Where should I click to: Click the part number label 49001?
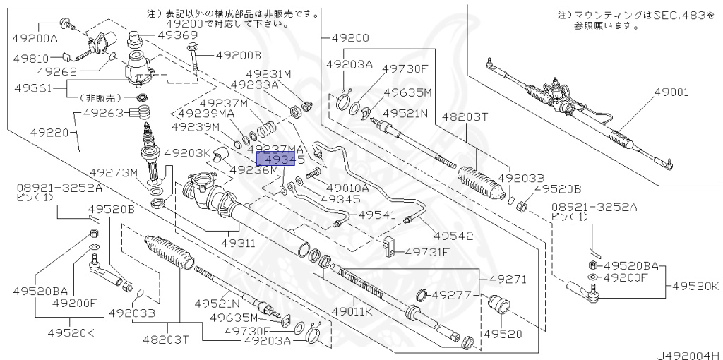click(671, 92)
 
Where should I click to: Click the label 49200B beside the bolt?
click(239, 55)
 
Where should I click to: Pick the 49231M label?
click(268, 73)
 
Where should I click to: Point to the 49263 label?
click(104, 112)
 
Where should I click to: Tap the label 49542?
click(453, 236)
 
